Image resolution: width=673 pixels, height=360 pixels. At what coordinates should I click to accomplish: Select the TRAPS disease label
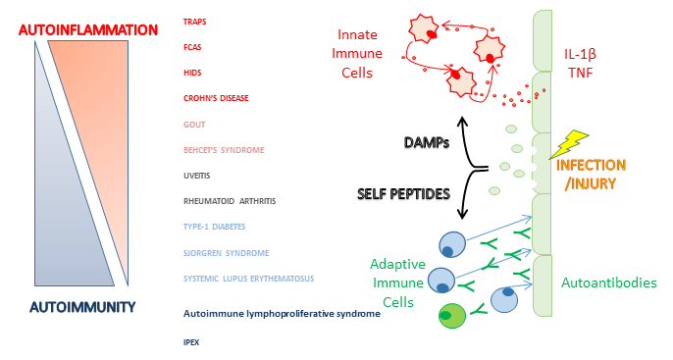click(195, 21)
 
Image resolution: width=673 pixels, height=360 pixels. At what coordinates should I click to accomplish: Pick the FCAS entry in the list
click(192, 46)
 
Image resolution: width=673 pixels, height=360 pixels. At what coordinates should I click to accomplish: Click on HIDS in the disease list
click(192, 72)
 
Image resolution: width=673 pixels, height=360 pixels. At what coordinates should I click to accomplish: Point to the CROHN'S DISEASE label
click(216, 98)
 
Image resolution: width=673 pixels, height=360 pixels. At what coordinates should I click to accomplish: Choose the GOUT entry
click(193, 125)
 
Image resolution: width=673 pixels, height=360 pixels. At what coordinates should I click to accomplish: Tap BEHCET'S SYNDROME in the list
click(224, 150)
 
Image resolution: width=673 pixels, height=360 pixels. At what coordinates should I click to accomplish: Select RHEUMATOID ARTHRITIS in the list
click(230, 201)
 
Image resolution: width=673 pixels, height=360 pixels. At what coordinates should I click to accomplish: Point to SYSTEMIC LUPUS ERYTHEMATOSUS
click(248, 279)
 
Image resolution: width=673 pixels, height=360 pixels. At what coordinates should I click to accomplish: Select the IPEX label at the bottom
click(191, 342)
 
